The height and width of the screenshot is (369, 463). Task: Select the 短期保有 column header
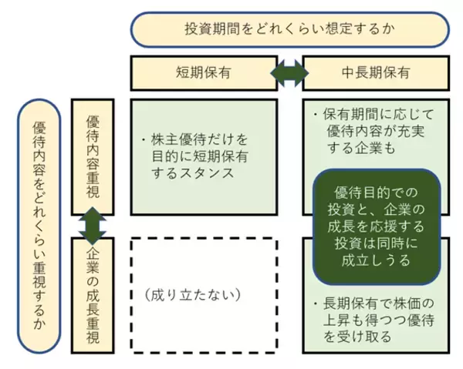(x=202, y=72)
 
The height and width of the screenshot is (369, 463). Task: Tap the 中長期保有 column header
(x=375, y=72)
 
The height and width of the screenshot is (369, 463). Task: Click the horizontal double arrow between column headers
(x=289, y=72)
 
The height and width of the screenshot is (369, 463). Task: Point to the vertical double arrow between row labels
(x=93, y=226)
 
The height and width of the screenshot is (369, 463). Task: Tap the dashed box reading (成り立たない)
(x=204, y=293)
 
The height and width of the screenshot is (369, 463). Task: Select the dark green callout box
(x=377, y=226)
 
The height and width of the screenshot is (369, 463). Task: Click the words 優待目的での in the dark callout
(x=375, y=191)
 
